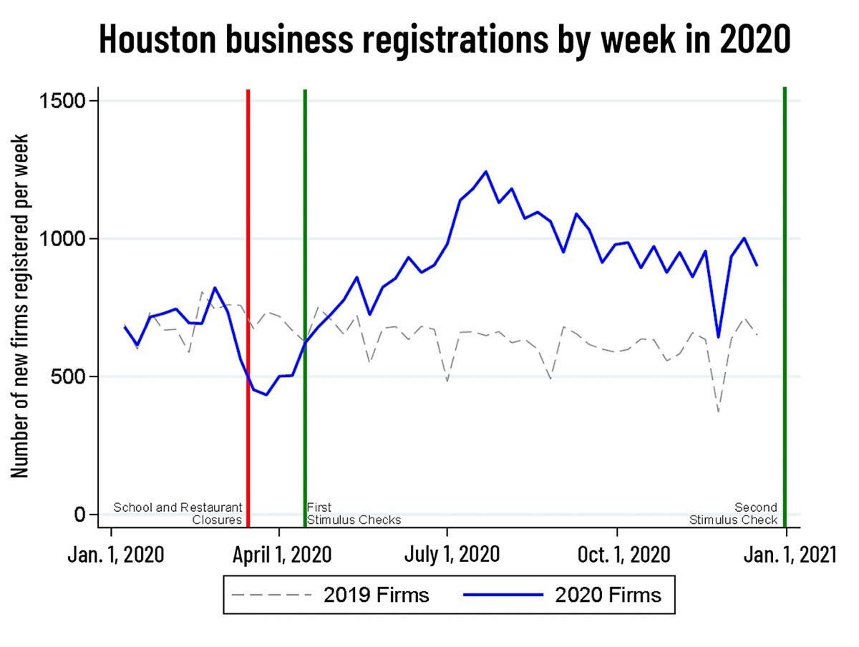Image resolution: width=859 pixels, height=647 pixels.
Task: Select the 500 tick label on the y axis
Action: point(71,376)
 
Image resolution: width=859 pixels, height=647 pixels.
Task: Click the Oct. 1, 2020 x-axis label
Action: point(623,555)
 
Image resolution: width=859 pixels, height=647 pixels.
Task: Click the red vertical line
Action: point(248,286)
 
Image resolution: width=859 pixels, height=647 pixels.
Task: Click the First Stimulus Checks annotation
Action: point(353,514)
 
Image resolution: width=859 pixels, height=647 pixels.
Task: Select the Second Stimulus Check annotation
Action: point(734,514)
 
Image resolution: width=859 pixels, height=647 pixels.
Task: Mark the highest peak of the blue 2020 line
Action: point(486,172)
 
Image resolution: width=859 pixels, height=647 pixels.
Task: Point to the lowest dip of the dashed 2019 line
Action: point(718,412)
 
